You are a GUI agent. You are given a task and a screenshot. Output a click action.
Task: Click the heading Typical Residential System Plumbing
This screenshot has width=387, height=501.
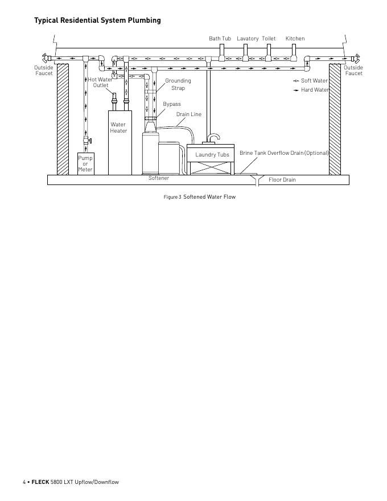point(97,20)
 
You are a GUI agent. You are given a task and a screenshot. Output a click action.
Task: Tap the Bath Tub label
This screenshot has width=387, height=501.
point(220,39)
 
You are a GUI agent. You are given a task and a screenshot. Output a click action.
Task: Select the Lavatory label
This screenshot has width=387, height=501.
point(248,39)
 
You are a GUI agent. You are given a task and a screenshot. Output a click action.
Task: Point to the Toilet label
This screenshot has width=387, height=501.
point(269,39)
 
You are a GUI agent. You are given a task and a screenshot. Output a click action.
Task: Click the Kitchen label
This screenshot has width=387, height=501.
point(295,39)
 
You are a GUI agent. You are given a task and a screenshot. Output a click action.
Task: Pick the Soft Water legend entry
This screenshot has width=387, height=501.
point(314,81)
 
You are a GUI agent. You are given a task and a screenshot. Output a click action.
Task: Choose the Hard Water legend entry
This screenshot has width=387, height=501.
point(315,90)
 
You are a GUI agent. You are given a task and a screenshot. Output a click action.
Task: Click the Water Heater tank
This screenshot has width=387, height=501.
point(120,142)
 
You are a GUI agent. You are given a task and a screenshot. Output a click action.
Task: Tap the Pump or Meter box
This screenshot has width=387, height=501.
point(85,163)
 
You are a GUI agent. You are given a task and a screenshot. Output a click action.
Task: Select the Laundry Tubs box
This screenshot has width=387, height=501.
point(212,155)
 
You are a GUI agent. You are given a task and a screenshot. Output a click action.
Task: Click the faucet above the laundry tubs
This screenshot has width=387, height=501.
point(213,138)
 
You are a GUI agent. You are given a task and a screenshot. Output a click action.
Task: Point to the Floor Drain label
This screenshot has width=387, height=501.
point(282,180)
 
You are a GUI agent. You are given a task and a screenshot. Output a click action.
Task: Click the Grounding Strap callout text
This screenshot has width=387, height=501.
point(178,84)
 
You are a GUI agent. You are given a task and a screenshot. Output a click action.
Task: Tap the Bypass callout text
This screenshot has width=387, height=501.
point(172,104)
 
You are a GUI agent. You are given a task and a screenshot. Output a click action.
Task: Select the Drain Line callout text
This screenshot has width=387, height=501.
point(188,114)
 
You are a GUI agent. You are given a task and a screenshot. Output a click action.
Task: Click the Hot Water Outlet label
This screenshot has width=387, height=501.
point(100,83)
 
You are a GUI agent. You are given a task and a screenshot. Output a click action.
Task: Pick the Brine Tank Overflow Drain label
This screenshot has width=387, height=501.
point(284,153)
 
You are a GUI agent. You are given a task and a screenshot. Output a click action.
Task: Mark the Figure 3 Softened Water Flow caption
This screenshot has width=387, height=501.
point(199,197)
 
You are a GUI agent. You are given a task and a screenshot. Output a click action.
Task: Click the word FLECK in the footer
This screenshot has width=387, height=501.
point(40,482)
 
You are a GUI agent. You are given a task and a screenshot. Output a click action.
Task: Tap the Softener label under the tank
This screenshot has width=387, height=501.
point(159,178)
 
